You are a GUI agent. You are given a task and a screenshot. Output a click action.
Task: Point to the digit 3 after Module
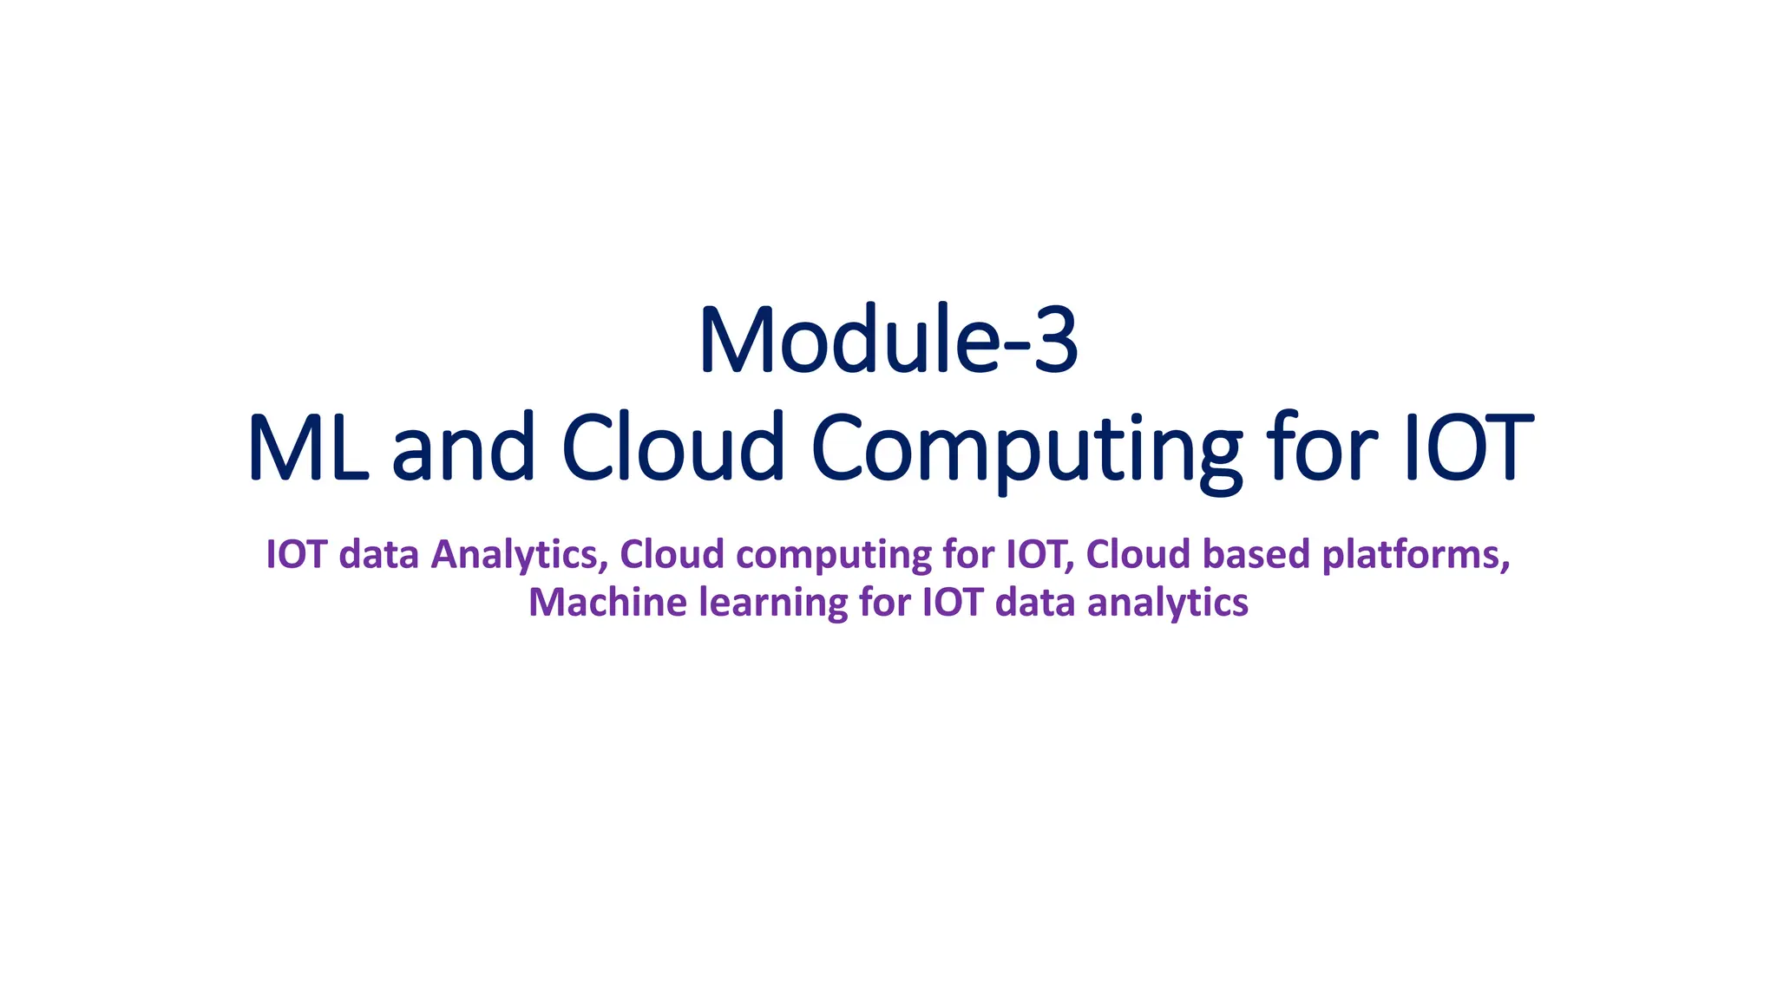tap(1053, 340)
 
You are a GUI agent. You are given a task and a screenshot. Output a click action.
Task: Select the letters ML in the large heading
tap(307, 447)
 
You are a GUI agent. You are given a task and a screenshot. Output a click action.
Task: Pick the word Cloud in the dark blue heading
tap(672, 447)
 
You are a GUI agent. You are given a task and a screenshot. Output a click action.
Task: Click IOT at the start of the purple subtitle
tap(296, 554)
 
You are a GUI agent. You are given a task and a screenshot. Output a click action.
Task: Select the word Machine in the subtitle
tap(607, 602)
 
